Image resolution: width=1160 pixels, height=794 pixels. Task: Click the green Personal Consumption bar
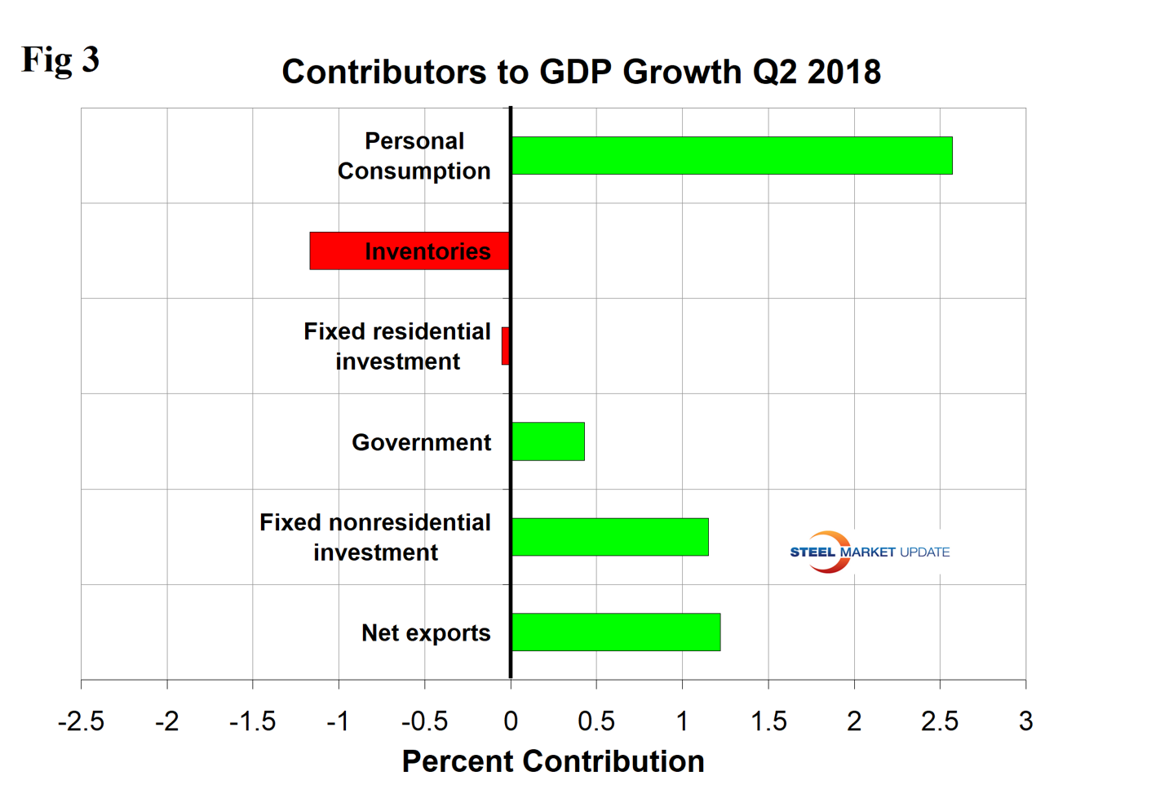[732, 155]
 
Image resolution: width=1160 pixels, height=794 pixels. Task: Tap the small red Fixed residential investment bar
[506, 346]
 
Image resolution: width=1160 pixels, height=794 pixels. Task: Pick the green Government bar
[548, 441]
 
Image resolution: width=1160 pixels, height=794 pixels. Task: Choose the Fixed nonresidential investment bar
[610, 537]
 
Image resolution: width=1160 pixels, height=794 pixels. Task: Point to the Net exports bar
[616, 632]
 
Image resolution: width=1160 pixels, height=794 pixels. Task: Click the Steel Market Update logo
[869, 552]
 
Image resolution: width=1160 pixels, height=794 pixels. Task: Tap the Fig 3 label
[60, 60]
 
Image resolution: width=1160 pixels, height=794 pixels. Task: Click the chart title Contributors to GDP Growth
[581, 72]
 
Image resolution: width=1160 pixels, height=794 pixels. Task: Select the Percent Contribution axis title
[553, 761]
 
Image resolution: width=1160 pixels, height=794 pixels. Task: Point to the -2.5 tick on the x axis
[81, 721]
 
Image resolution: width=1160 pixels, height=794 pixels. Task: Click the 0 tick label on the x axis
[511, 721]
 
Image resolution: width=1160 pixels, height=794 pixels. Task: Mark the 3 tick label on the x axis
[1025, 721]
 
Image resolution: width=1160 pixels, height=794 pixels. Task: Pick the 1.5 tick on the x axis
[768, 721]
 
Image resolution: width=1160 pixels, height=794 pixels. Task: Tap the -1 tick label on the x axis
[338, 721]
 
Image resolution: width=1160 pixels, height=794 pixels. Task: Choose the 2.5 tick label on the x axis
[940, 721]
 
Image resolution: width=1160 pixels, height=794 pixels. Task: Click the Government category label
[421, 442]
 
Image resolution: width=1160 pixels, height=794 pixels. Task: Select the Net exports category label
[426, 633]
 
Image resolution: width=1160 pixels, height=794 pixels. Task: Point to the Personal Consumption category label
[414, 156]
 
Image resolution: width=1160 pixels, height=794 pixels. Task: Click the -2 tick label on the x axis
[166, 721]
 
